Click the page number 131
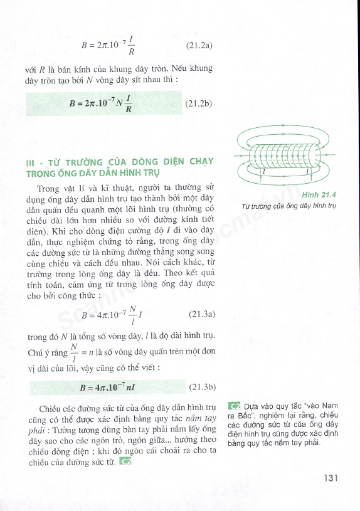coord(331,478)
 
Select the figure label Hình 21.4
coord(319,195)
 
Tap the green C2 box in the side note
coord(235,406)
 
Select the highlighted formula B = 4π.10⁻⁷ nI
coord(107,387)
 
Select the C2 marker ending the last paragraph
coord(127,463)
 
